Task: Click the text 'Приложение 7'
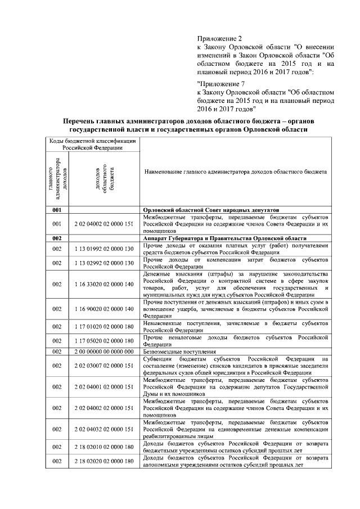[x=221, y=82]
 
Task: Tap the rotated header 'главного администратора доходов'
[x=56, y=178]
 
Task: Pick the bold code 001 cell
[x=56, y=209]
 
